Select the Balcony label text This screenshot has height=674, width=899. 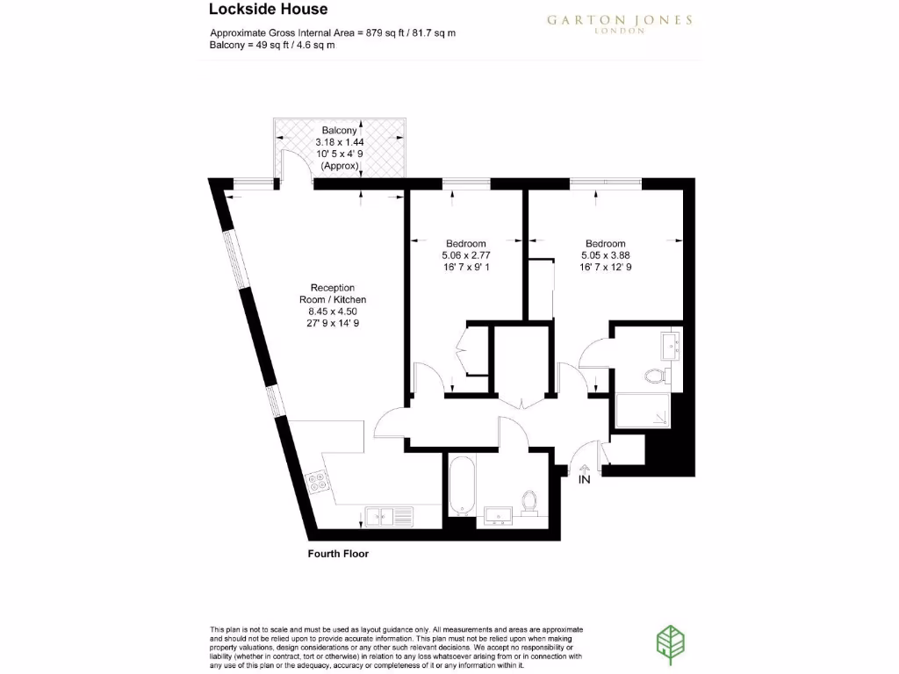coord(340,130)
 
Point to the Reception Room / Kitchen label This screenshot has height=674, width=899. coord(333,293)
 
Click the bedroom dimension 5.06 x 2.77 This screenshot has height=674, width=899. coord(465,255)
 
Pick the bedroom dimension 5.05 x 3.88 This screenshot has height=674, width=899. coord(606,255)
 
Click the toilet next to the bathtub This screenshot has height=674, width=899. coord(529,502)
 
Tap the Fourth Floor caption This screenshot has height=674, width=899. coord(338,554)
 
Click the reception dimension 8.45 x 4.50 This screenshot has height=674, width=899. coord(333,311)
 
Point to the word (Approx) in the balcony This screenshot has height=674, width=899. coord(340,165)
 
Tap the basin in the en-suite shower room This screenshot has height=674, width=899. coord(672,345)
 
